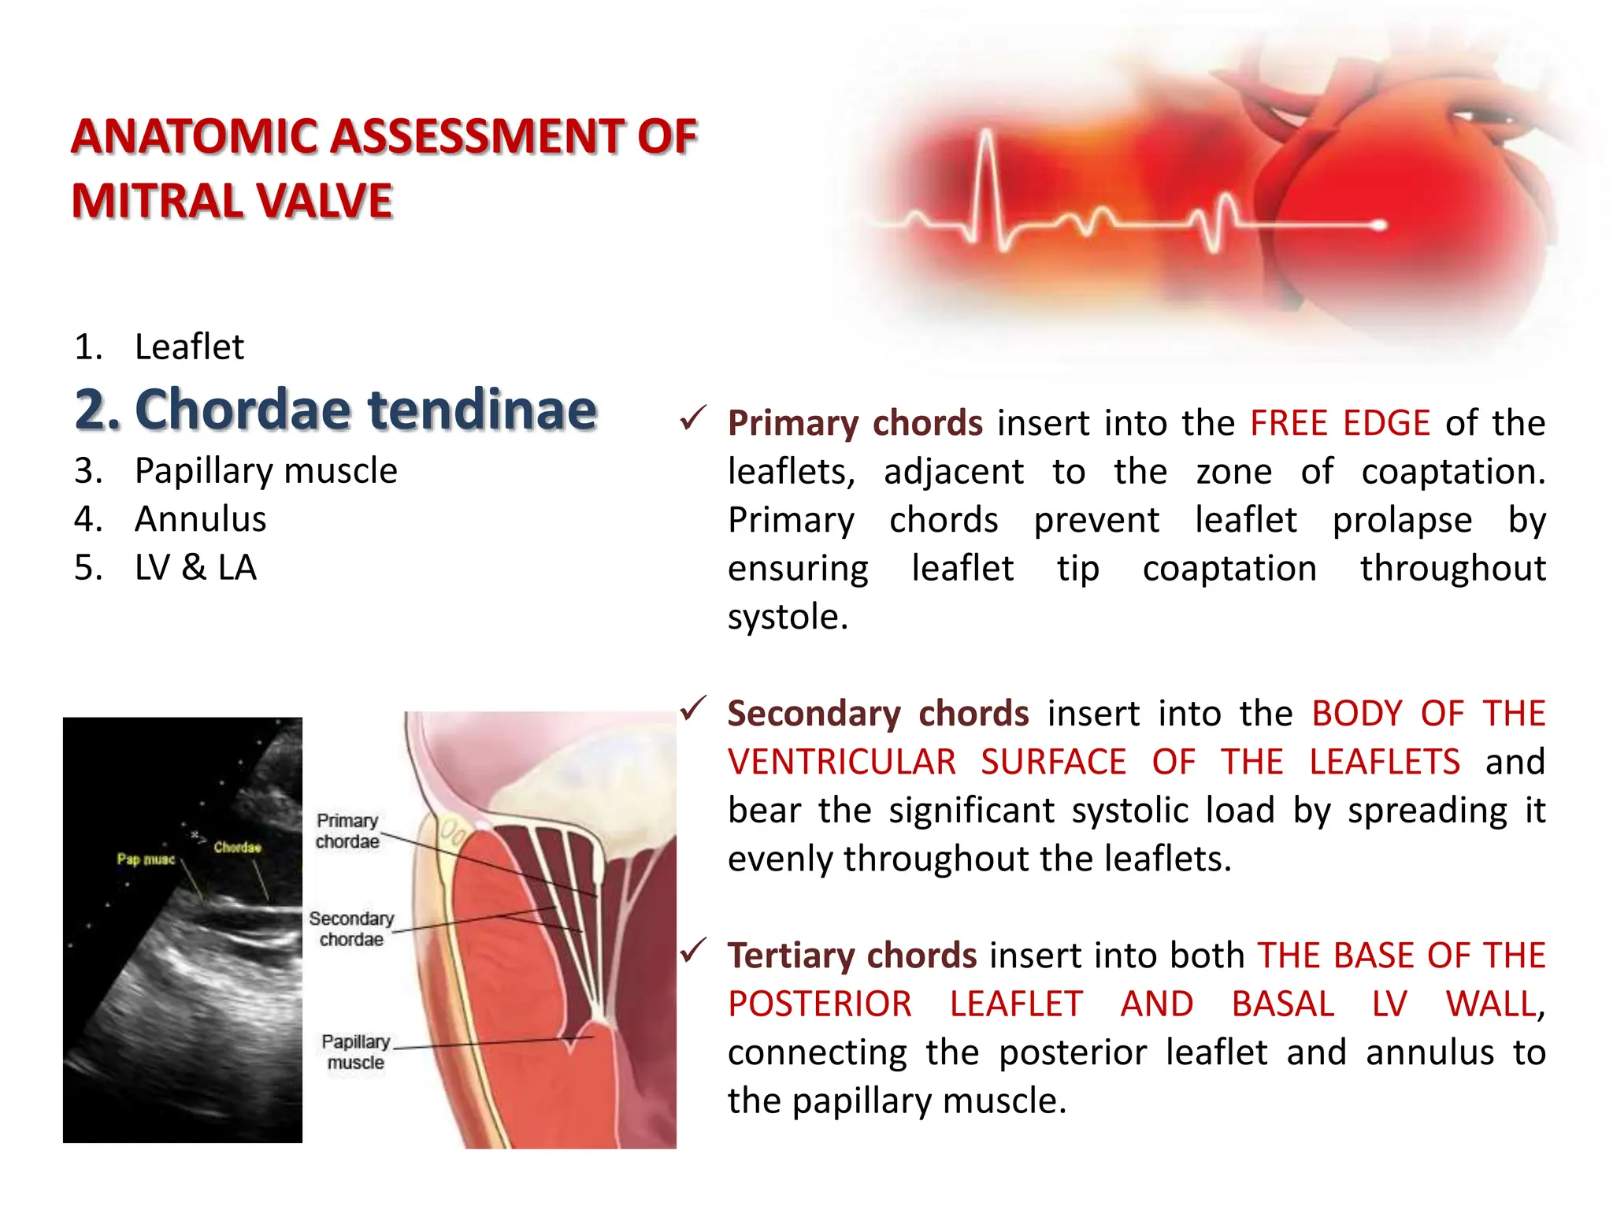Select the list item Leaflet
[189, 347]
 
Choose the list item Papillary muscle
[265, 471]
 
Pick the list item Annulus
[200, 519]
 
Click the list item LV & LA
[195, 567]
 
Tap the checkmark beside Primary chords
[693, 418]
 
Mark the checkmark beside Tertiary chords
[693, 951]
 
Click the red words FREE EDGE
[1340, 423]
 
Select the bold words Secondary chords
[877, 714]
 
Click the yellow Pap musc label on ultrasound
[146, 859]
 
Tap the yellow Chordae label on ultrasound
[236, 848]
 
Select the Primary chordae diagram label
[347, 831]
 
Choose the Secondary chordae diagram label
[351, 929]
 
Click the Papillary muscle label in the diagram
[355, 1052]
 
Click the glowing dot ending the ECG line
[1379, 226]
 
